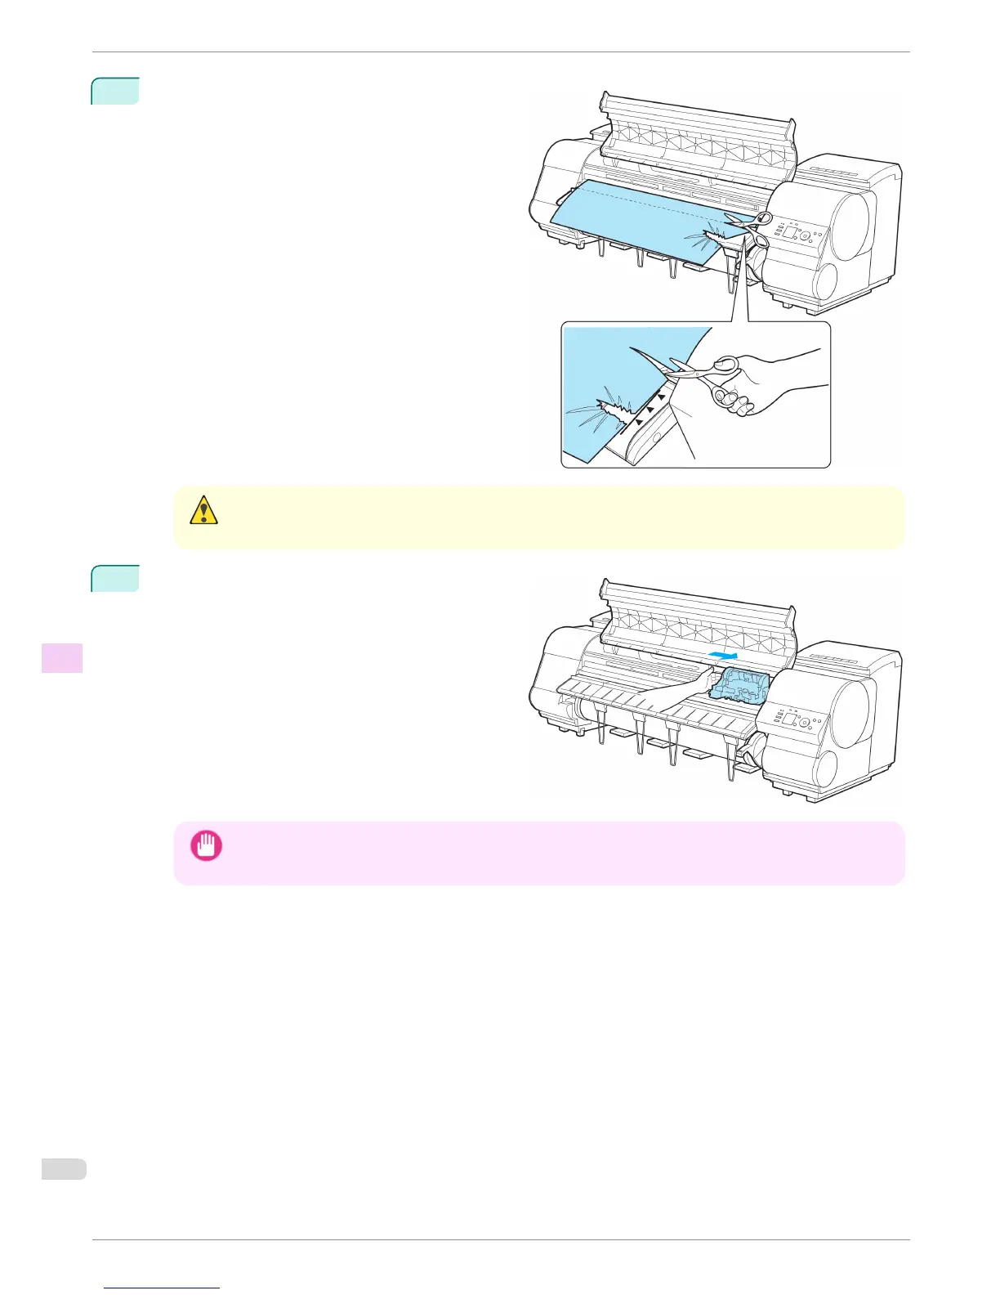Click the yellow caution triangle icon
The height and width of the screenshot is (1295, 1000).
coord(203,510)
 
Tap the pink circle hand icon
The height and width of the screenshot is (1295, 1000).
coord(206,845)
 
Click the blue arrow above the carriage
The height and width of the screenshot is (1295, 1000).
coord(725,655)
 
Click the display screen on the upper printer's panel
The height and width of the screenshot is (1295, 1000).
coord(789,233)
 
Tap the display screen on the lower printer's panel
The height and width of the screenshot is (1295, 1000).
coord(789,718)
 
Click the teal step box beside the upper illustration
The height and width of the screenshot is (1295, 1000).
coord(115,91)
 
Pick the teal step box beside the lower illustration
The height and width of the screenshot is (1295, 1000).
coord(115,578)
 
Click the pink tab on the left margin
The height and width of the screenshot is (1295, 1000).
coord(62,658)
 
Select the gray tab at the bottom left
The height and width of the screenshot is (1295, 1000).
coord(64,1169)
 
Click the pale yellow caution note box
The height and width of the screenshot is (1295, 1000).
coord(539,518)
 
